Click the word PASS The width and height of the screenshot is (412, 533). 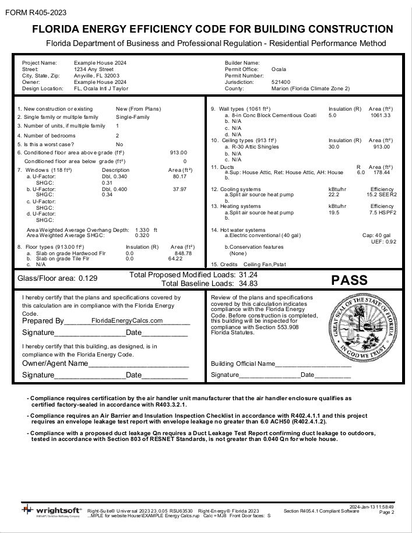click(x=349, y=280)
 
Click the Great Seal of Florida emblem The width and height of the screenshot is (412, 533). click(x=361, y=333)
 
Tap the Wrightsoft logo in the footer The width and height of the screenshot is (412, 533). click(x=52, y=511)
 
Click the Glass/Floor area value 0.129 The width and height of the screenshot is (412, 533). click(x=88, y=278)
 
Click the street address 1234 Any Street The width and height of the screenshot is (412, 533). click(x=93, y=69)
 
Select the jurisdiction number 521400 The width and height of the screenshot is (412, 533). click(x=281, y=82)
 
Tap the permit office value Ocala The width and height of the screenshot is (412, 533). click(x=279, y=69)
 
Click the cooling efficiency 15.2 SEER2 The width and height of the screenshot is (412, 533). click(x=382, y=195)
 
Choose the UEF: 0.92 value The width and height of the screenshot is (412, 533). click(x=383, y=241)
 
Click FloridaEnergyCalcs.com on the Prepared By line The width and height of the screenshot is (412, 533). click(x=126, y=320)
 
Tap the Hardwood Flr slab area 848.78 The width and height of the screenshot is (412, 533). click(x=183, y=253)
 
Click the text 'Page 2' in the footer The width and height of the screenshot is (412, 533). click(x=386, y=513)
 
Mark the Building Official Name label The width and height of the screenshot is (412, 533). click(x=242, y=364)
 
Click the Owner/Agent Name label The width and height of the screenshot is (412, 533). click(x=55, y=363)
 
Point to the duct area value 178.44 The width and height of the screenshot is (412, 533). click(x=382, y=172)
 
